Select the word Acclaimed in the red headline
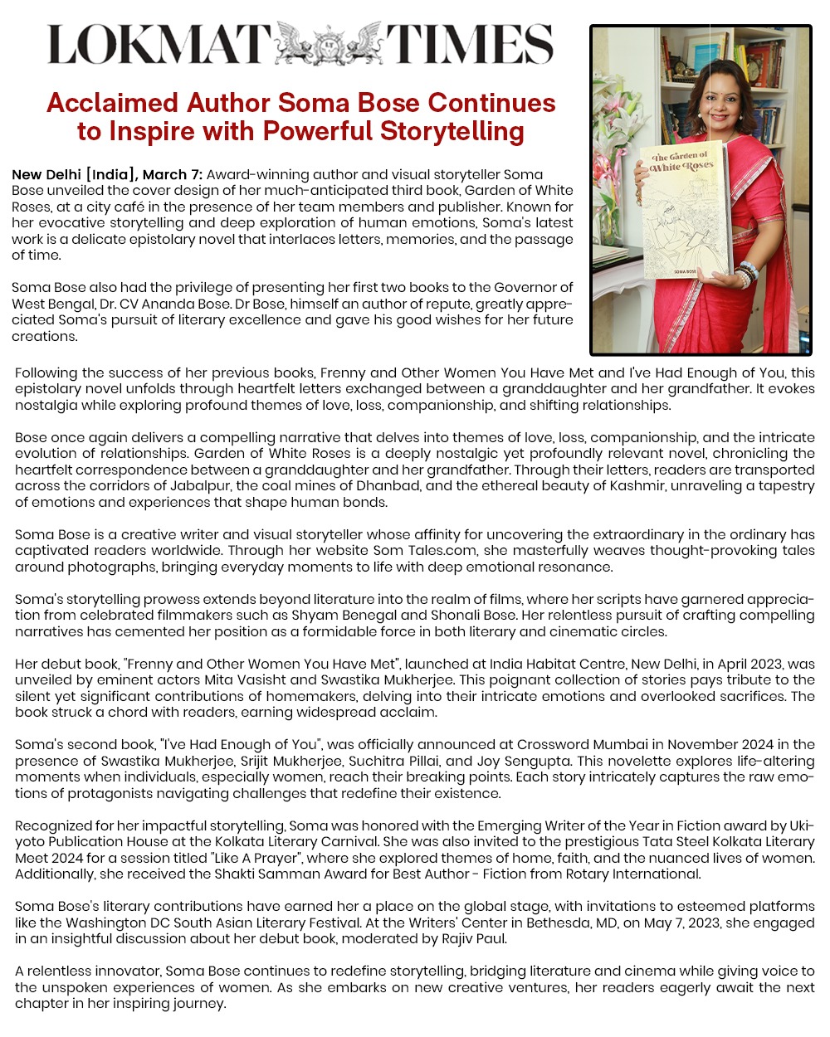(x=113, y=103)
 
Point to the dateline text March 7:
(x=173, y=175)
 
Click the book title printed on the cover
(x=680, y=162)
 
